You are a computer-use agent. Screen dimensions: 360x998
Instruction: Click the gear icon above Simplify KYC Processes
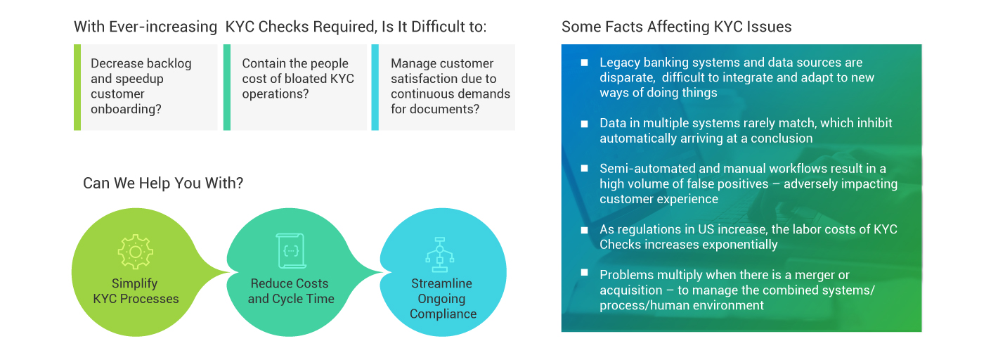click(136, 252)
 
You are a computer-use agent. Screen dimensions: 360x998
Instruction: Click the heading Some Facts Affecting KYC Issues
click(676, 27)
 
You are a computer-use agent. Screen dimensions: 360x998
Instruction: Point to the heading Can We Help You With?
click(163, 184)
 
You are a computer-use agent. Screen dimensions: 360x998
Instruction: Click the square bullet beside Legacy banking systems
click(584, 63)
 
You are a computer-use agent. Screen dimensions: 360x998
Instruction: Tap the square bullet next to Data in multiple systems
click(584, 124)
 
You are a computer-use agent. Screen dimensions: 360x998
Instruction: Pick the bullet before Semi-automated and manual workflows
click(584, 169)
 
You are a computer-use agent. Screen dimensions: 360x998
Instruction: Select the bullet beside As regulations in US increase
click(584, 230)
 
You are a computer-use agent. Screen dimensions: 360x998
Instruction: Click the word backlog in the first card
click(169, 63)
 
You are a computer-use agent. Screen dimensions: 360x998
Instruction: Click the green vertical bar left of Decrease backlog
click(77, 87)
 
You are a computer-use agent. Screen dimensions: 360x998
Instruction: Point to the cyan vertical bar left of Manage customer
click(375, 87)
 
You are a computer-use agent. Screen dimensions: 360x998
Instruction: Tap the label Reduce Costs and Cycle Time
click(290, 291)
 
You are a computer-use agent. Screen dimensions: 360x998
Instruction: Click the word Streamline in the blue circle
click(441, 283)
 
